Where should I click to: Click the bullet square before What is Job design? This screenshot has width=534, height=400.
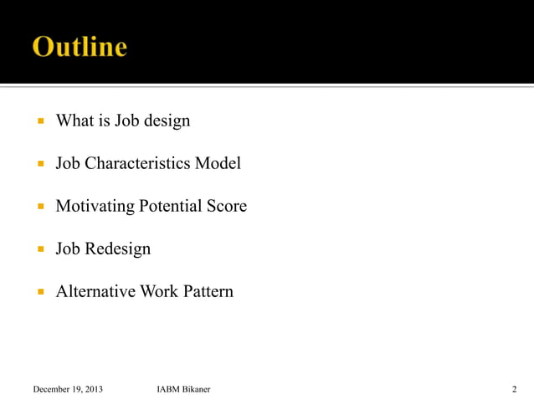click(39, 121)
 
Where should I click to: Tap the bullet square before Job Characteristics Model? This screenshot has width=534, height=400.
click(39, 164)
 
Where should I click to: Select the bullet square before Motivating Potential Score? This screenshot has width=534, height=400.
click(39, 207)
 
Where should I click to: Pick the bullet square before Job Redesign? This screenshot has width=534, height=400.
click(39, 249)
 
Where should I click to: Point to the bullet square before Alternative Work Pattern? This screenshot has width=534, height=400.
click(39, 292)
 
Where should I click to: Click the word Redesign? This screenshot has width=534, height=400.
click(118, 249)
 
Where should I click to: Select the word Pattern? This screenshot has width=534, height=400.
click(208, 291)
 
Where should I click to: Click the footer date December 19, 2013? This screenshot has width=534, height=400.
click(68, 389)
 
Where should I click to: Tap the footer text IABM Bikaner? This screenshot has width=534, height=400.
click(183, 389)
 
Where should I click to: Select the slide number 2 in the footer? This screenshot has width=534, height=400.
click(514, 389)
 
